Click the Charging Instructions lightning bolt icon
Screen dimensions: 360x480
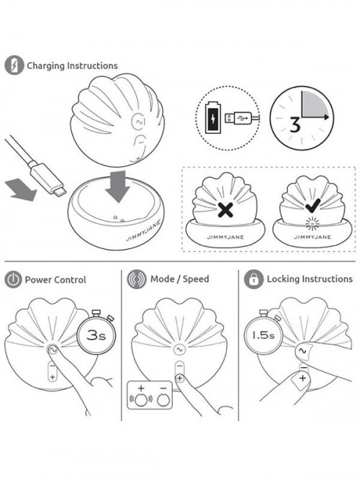tap(14, 65)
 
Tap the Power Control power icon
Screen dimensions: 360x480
tap(13, 279)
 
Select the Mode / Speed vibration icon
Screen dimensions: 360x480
tap(137, 279)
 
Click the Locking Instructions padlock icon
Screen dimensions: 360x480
tap(253, 279)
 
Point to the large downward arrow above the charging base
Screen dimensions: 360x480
tap(117, 186)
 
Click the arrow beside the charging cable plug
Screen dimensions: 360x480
tap(21, 190)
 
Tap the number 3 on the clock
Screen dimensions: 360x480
tap(295, 125)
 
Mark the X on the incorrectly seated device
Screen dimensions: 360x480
tap(225, 209)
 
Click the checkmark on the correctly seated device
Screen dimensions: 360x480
tap(312, 205)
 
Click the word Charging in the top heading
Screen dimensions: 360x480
tap(46, 65)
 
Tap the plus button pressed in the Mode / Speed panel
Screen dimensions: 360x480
tap(179, 379)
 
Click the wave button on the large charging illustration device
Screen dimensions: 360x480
tap(138, 122)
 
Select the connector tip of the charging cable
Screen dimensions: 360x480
tap(59, 191)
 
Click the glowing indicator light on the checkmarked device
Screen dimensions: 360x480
tap(312, 224)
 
